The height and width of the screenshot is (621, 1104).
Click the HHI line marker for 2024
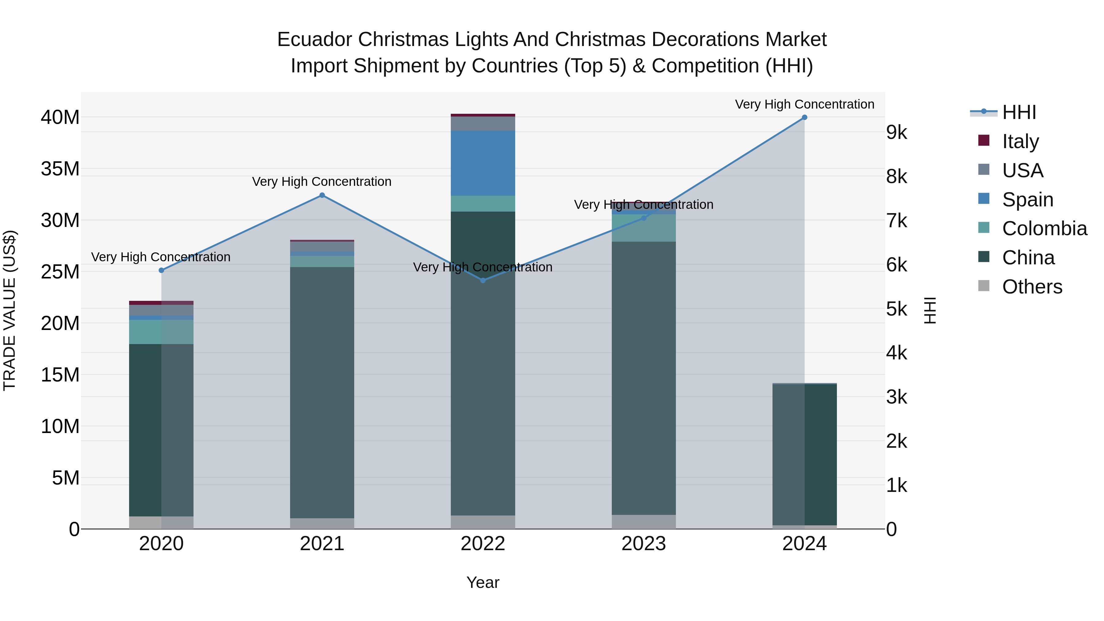pos(804,117)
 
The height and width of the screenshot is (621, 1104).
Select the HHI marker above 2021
pos(322,195)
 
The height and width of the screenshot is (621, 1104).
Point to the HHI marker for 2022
pos(483,280)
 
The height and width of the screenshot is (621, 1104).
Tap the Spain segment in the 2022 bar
pos(483,163)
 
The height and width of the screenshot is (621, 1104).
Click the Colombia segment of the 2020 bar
pos(161,332)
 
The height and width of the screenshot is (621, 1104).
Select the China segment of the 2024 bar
pos(804,454)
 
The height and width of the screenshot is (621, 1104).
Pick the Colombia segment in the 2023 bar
pos(643,228)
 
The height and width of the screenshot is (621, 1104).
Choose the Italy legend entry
pos(1020,141)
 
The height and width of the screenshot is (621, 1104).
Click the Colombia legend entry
pos(1044,228)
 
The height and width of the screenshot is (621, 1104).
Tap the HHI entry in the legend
pos(1019,112)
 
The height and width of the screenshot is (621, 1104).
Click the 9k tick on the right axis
pos(897,132)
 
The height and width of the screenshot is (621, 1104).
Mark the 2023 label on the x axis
pos(643,544)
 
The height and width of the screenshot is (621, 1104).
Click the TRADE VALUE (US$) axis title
pos(10,310)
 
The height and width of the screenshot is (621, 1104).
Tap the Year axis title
pos(483,582)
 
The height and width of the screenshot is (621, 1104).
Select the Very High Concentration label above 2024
pos(804,104)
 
